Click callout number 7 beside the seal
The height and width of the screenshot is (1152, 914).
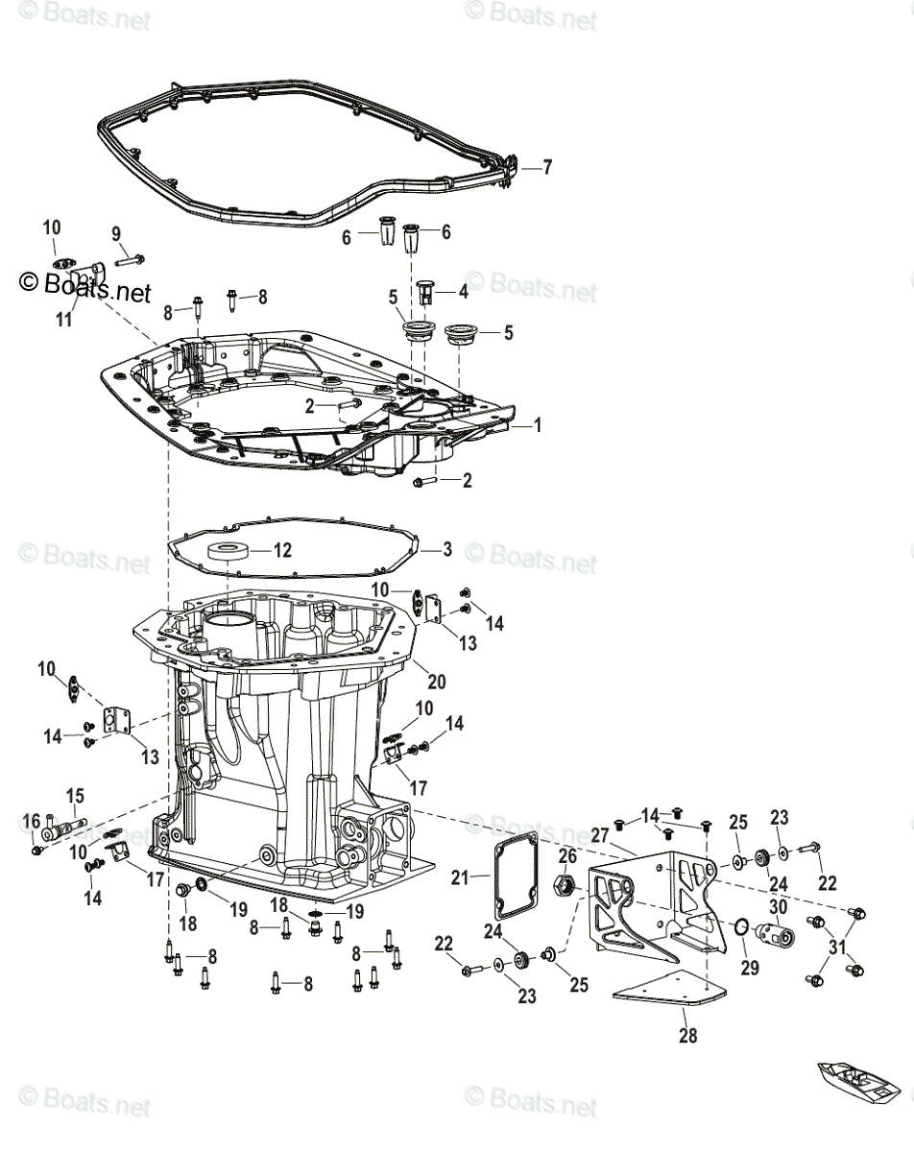[547, 167]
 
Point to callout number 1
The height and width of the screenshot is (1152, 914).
[538, 424]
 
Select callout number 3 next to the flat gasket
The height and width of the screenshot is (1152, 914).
[446, 550]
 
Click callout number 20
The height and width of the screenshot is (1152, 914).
[437, 682]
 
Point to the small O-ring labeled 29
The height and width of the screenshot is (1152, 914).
[741, 926]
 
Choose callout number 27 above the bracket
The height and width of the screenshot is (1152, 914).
[600, 835]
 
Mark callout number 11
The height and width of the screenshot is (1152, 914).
[63, 320]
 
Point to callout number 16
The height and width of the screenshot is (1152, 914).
[31, 820]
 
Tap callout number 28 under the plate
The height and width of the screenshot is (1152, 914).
[688, 1035]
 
